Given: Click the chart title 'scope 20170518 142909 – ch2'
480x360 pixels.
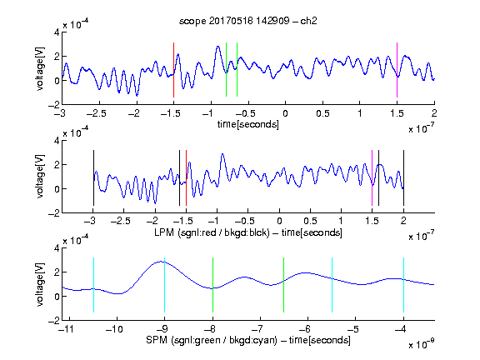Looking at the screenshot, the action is tap(248, 21).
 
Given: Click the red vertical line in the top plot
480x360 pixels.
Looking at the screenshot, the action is tap(173, 70).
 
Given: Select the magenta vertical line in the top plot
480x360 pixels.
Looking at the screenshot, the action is tap(397, 70).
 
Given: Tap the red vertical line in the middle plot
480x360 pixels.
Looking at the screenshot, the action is tap(186, 177).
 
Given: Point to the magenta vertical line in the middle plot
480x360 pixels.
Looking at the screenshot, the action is tap(372, 177).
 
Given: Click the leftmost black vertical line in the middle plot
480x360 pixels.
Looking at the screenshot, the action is tap(93, 177).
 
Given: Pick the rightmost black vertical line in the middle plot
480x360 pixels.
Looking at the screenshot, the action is tap(403, 177).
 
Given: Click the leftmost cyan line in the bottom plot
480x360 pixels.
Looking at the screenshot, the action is tap(93, 285).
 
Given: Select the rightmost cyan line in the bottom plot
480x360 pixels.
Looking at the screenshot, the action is tap(403, 285).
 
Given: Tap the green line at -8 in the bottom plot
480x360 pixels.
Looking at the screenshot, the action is tap(212, 285).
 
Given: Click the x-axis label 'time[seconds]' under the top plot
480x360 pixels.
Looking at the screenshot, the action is tap(248, 124).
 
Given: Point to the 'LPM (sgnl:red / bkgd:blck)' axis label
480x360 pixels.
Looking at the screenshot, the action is tap(212, 232).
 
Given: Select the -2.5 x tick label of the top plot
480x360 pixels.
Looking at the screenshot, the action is tap(96, 113).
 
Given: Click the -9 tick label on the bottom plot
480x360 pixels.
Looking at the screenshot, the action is tap(162, 329).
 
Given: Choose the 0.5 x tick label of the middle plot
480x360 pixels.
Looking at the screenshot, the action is tap(310, 221).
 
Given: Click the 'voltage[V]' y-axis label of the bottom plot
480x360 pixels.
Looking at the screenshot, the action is tap(40, 284).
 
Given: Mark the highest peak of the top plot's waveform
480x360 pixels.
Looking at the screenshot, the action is tap(217, 47).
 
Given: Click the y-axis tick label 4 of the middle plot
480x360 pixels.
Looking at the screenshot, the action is tap(57, 141).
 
